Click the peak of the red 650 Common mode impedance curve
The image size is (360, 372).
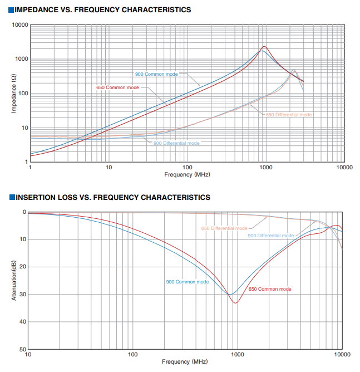[x=264, y=47]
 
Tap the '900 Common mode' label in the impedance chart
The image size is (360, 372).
[x=156, y=74]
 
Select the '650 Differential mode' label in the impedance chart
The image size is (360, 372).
[x=289, y=115]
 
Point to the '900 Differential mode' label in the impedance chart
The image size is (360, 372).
[x=176, y=143]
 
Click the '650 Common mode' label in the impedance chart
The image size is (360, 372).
[x=117, y=87]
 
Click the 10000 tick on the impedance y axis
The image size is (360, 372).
[x=20, y=25]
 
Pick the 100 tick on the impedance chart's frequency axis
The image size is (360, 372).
[x=187, y=167]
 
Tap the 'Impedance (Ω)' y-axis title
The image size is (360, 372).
[x=14, y=94]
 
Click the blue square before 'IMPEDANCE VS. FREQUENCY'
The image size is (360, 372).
[x=11, y=10]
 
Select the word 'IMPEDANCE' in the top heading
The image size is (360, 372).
[x=37, y=9]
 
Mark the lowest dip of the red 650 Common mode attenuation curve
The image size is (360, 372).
[x=235, y=303]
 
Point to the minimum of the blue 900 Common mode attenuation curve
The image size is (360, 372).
[x=230, y=294]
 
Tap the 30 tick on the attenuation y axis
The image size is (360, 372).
[x=23, y=294]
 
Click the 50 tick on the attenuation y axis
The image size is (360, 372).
[x=23, y=349]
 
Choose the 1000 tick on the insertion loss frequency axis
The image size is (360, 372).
[x=238, y=354]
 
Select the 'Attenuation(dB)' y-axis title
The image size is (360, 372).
[x=14, y=281]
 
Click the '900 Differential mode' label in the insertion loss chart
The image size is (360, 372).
[x=271, y=236]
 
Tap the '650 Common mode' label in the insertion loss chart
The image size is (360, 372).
[x=270, y=289]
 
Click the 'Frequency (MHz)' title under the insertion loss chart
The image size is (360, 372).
[x=185, y=361]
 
